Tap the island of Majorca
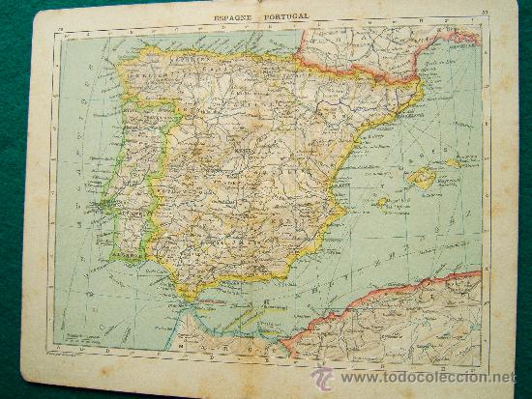(x=422, y=178)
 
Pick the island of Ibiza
(x=383, y=204)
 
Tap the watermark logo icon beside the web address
(x=322, y=377)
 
